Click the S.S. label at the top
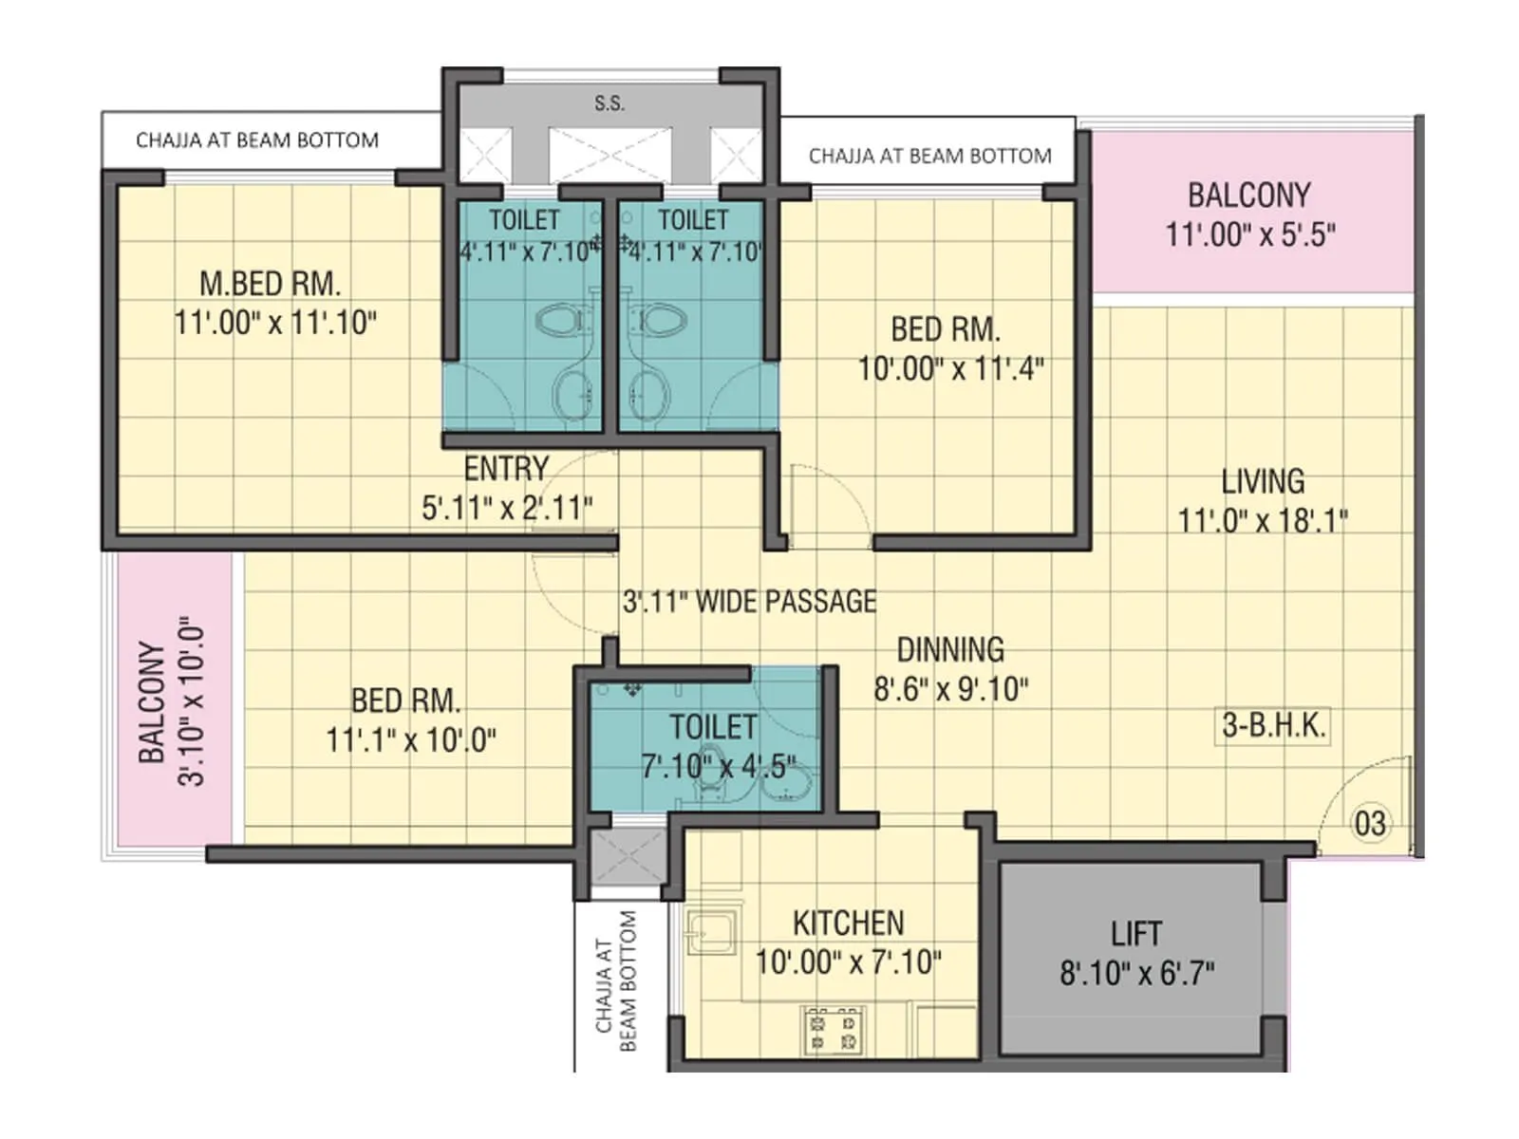[609, 103]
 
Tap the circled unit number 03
[1369, 823]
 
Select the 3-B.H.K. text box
[1272, 725]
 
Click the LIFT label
[1135, 934]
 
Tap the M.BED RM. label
[270, 284]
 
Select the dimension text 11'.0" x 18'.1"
[1263, 520]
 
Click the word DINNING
[950, 650]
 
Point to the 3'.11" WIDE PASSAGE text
[749, 602]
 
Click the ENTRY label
[506, 469]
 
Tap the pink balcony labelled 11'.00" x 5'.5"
[1249, 214]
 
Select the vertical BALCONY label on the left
[152, 702]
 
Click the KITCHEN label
[848, 923]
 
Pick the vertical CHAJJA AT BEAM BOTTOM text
[615, 982]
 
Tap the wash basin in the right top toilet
[649, 391]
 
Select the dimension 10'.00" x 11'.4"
[950, 368]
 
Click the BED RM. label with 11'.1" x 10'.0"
[405, 701]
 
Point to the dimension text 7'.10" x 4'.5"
[718, 766]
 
